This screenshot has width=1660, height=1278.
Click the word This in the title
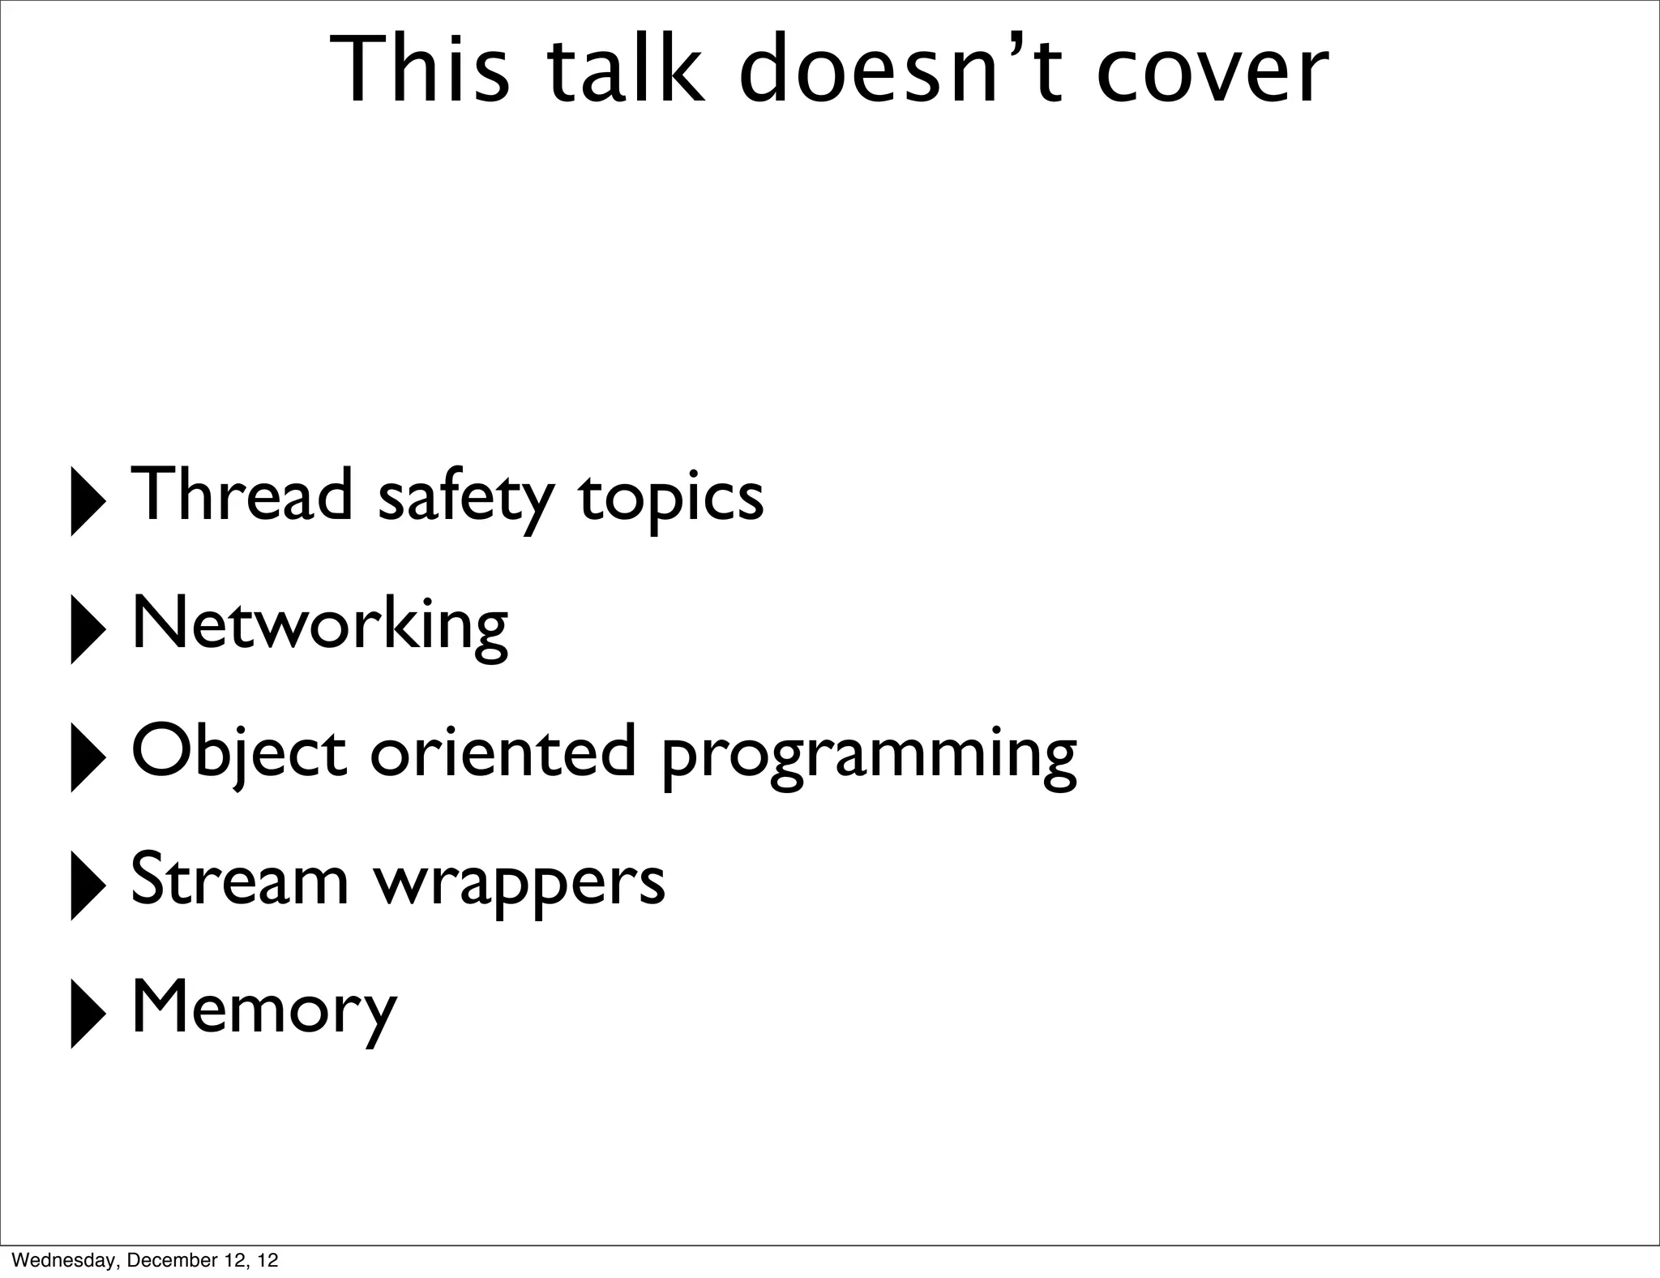(x=421, y=71)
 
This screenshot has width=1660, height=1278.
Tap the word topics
(x=670, y=498)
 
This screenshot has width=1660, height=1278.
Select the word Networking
(x=319, y=624)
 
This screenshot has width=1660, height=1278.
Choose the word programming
(x=869, y=756)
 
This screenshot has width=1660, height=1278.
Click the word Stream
(x=239, y=879)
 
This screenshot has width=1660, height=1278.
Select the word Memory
(x=264, y=1009)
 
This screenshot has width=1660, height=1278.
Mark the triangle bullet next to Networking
(x=88, y=628)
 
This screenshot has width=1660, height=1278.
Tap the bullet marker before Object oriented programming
(x=88, y=757)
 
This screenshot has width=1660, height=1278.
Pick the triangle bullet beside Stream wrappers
(x=88, y=885)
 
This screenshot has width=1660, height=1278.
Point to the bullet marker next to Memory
(x=88, y=1013)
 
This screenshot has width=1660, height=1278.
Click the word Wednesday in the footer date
(x=66, y=1260)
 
